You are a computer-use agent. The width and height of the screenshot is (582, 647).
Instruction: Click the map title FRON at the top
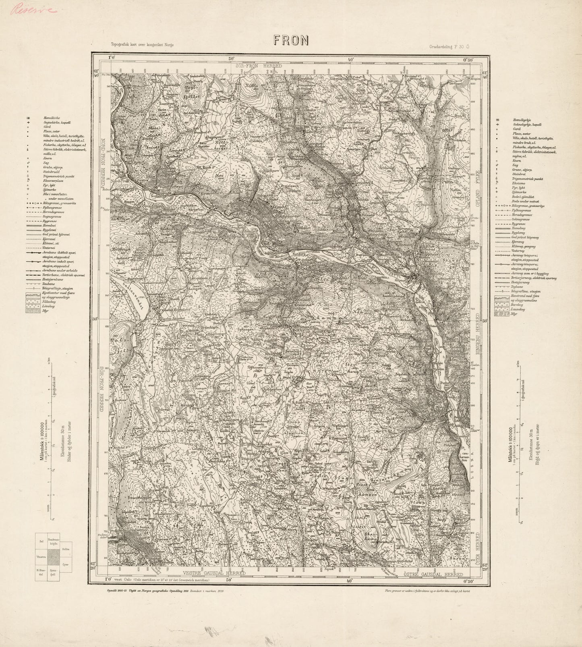291,39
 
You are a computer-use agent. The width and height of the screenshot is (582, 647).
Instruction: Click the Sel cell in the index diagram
41,541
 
